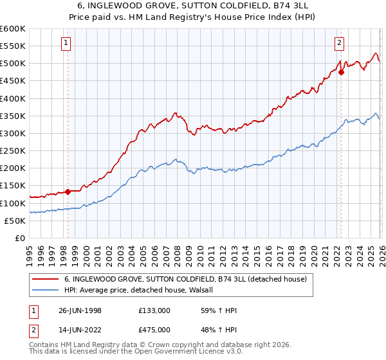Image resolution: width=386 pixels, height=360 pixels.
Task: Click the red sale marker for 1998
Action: point(68,192)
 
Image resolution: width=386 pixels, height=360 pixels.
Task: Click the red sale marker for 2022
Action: point(341,72)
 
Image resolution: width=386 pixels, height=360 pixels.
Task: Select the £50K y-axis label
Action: point(15,221)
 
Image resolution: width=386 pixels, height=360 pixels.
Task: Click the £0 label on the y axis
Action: point(19,238)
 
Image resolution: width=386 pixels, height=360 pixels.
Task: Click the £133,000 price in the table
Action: point(155,310)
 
